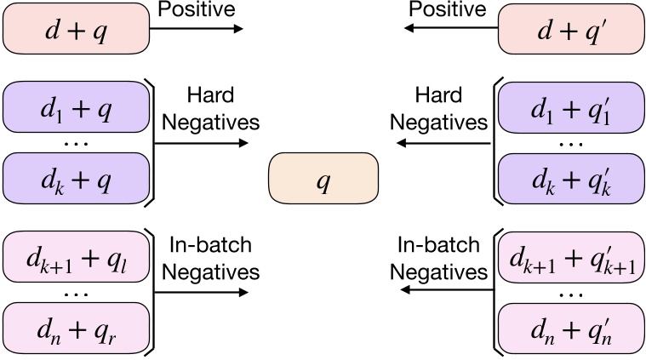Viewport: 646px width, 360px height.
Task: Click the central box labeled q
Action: pos(323,183)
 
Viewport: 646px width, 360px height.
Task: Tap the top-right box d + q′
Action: pos(570,30)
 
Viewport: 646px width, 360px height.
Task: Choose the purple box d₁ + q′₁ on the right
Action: pos(570,109)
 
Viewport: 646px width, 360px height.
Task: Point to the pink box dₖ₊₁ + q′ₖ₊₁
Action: pos(570,254)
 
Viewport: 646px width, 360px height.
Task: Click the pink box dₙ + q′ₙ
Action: pos(570,324)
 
